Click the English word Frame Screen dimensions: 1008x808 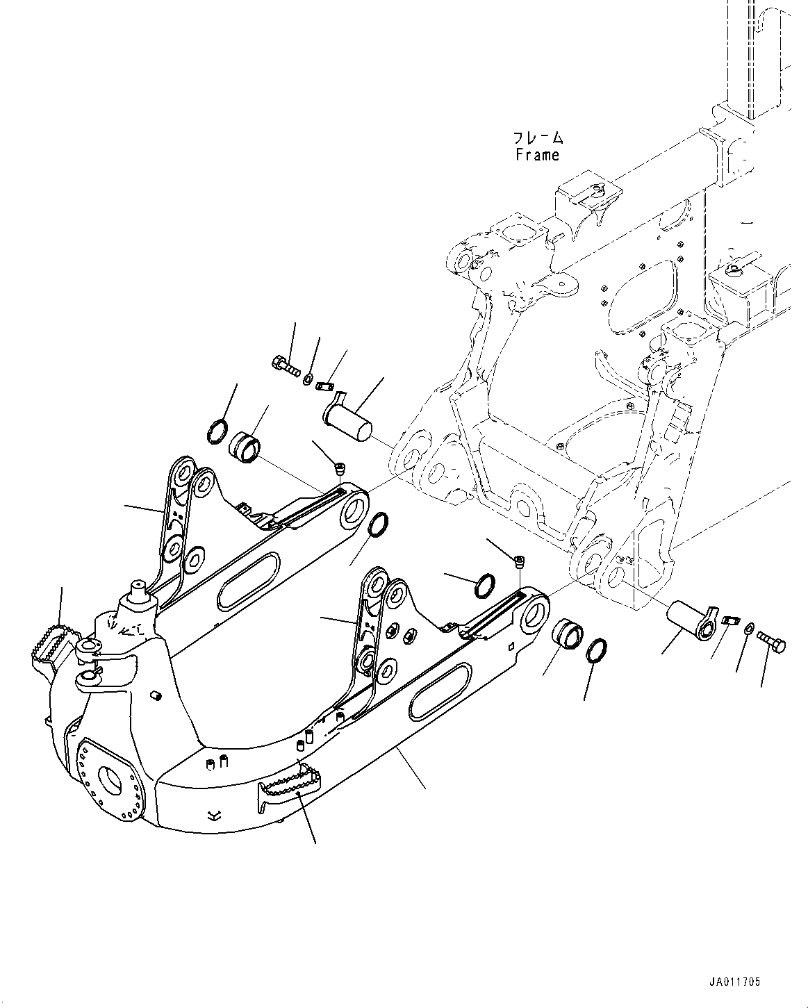coord(537,155)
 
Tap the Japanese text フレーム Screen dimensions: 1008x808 coord(538,138)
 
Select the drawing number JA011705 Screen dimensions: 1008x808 coord(734,982)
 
